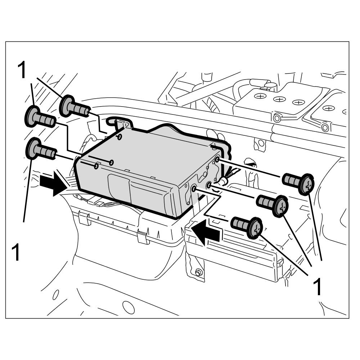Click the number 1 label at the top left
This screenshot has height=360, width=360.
coord(22,70)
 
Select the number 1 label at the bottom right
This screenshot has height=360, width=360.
coord(317,286)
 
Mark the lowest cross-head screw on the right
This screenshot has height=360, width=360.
coord(247,226)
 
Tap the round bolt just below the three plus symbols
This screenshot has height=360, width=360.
coord(276,118)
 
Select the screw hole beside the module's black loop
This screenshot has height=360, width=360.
coord(120,137)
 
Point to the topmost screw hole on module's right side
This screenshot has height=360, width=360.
coord(217,159)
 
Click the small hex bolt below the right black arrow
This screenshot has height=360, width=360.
coord(198,273)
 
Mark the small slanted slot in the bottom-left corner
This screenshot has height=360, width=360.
coord(56,295)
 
